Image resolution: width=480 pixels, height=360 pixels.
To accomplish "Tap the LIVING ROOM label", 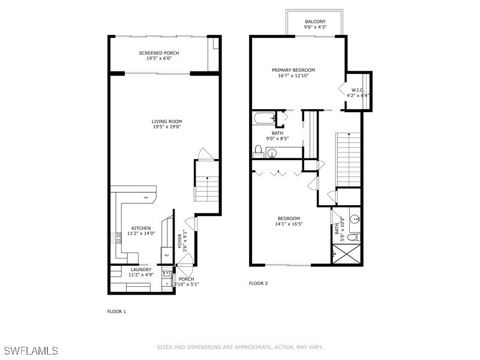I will click(166, 121).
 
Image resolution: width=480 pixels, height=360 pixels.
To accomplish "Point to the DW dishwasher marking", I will click(146, 197).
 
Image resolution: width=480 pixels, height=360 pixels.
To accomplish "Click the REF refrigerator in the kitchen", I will click(166, 255).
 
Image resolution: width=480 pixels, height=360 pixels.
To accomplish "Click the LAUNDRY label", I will click(142, 269).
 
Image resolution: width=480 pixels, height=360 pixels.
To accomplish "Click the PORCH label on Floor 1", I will click(185, 278).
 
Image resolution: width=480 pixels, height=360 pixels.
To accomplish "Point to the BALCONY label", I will click(314, 21).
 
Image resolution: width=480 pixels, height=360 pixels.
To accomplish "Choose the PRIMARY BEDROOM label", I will click(296, 70).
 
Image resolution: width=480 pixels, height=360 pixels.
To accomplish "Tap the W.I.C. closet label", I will click(359, 90).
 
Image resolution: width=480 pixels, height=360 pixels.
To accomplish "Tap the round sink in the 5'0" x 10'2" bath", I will click(354, 219).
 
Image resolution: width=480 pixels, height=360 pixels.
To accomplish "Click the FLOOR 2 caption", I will click(258, 283).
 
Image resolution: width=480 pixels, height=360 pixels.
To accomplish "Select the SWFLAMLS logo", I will click(30, 349).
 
